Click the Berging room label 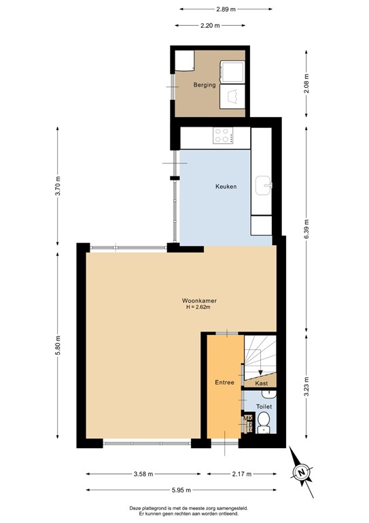[x=204, y=85]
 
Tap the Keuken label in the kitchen [x=226, y=187]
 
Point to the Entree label [x=224, y=382]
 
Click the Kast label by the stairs [x=262, y=383]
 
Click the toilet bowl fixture [x=265, y=423]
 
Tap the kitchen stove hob [x=224, y=136]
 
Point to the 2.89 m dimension [x=226, y=10]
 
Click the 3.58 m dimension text [x=143, y=474]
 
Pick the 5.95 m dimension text [x=181, y=490]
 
